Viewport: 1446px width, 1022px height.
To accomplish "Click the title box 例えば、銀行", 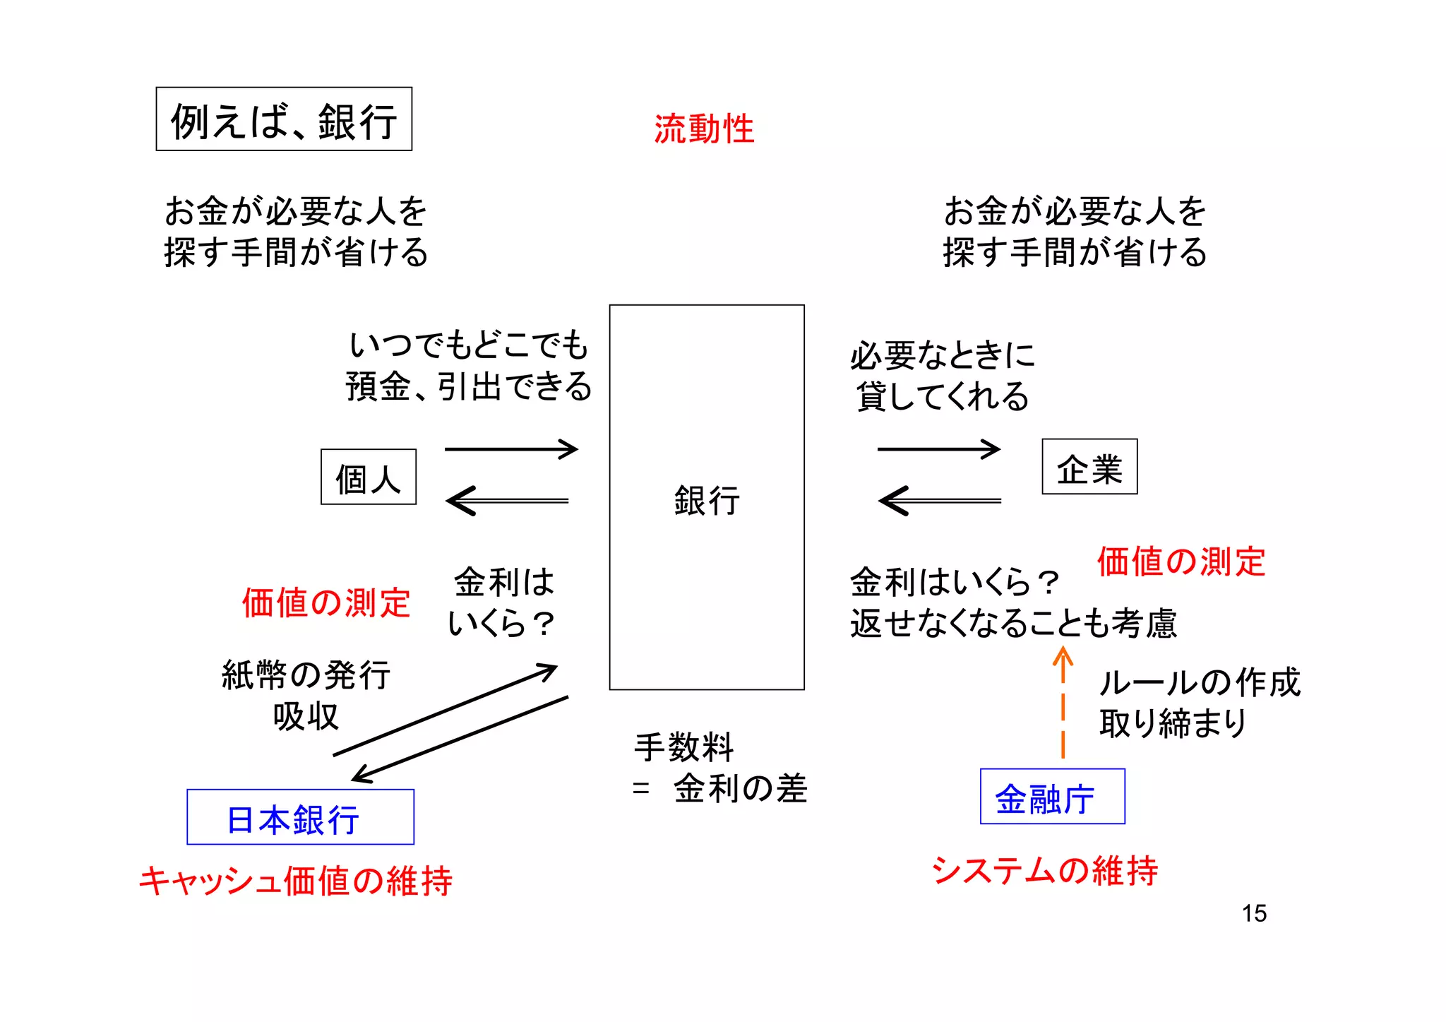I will (x=284, y=119).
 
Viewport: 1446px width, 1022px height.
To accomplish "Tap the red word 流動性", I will (x=704, y=129).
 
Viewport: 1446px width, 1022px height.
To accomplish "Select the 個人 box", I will (x=369, y=477).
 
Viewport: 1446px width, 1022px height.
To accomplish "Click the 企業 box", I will (x=1089, y=467).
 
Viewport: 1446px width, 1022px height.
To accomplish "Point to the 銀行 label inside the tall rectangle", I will (x=707, y=501).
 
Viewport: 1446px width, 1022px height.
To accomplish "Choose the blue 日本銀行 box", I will (x=300, y=817).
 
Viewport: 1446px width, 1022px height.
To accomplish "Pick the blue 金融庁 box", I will (x=1052, y=797).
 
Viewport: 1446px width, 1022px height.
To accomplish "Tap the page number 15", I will (x=1254, y=913).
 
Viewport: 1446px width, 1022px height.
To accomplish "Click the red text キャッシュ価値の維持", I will (x=296, y=881).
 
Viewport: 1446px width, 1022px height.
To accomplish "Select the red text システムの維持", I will (x=1044, y=870).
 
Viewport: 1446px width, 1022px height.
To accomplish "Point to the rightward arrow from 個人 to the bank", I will (x=511, y=449).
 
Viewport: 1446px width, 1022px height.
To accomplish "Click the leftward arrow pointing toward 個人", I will (x=507, y=501).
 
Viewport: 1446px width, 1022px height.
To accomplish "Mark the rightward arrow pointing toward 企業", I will (x=938, y=449).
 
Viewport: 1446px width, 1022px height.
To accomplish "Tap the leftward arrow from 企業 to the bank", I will (x=939, y=501).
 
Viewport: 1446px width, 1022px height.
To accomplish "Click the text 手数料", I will (x=684, y=747).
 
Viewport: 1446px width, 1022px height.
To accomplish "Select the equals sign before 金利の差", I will (x=640, y=788).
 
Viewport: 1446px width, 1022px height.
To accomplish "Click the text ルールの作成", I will (x=1199, y=682).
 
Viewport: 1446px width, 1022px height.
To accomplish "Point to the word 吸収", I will (x=306, y=716).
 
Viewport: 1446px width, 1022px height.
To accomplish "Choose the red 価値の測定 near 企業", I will (x=1181, y=562).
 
